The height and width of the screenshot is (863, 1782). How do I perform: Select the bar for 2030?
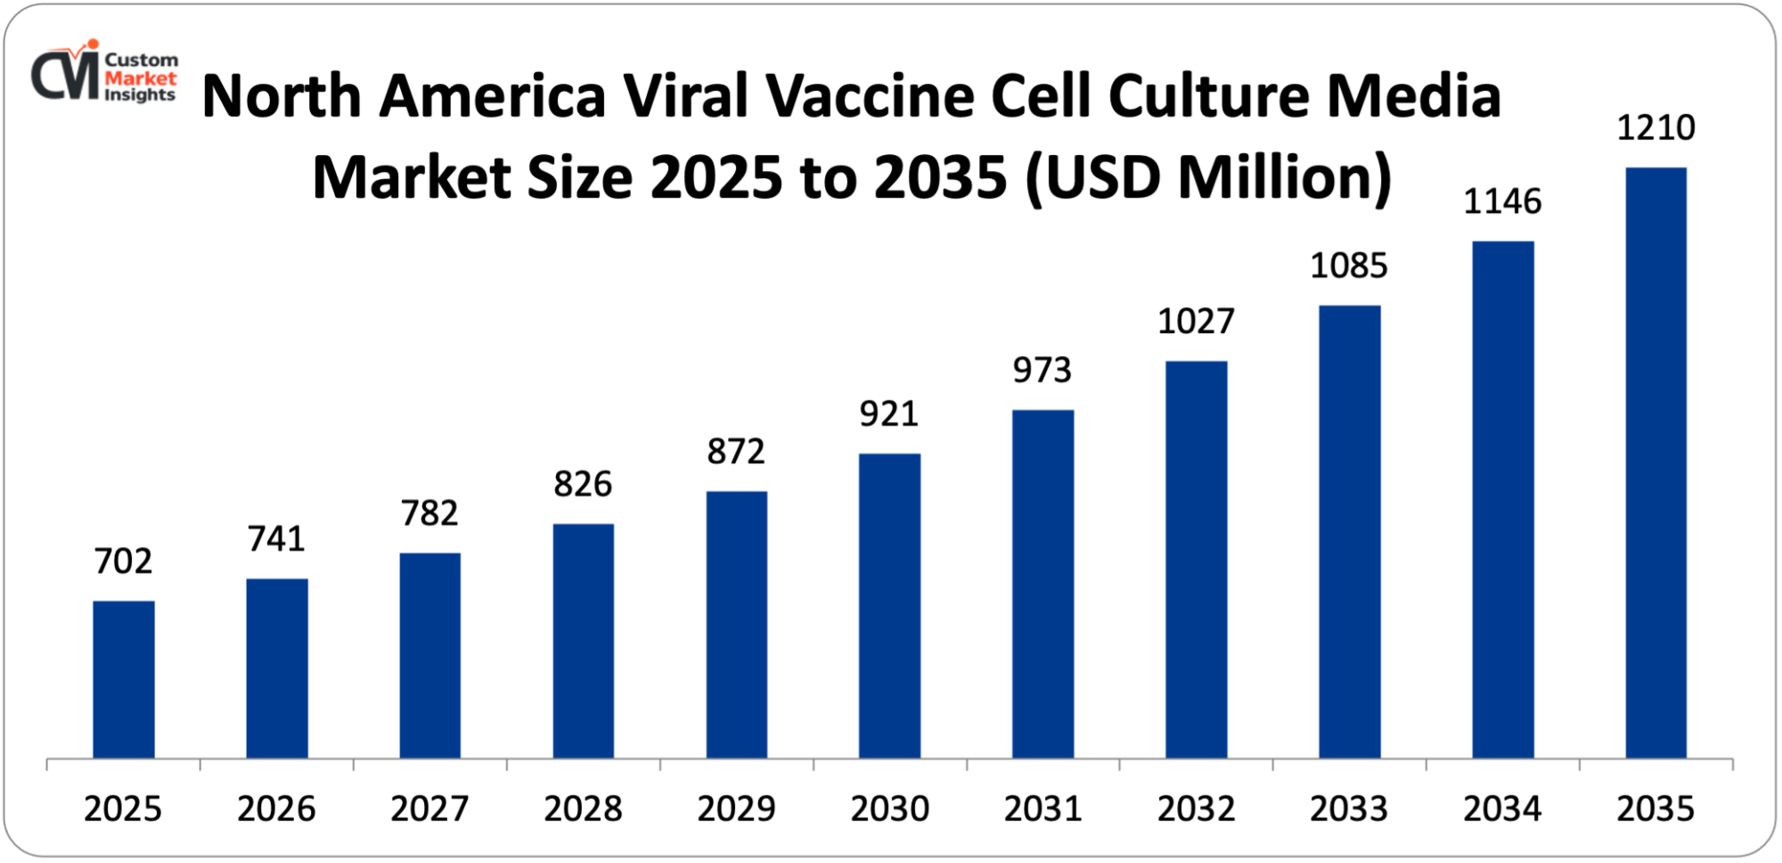(889, 606)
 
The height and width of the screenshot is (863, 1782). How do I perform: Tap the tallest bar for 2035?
(1655, 463)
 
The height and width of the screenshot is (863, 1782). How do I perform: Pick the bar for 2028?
(583, 641)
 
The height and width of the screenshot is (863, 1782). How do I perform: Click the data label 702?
(124, 561)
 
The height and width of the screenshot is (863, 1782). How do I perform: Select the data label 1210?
(1655, 128)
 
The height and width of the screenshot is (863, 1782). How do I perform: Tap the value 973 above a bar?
(1042, 370)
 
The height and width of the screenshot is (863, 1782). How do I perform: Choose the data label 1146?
(1502, 202)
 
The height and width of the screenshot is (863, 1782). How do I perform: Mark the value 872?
(736, 452)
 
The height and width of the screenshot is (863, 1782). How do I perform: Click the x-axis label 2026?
(276, 809)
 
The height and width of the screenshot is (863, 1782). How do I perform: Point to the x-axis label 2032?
(1196, 809)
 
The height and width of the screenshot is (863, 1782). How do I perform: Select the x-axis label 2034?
(1502, 809)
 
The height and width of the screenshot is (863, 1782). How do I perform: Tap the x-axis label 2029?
(736, 809)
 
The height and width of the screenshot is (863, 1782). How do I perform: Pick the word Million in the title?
(1283, 177)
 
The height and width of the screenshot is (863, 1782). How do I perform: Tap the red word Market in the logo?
(140, 77)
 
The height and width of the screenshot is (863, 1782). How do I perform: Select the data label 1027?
(1196, 322)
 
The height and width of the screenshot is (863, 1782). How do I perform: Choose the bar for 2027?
(429, 655)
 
